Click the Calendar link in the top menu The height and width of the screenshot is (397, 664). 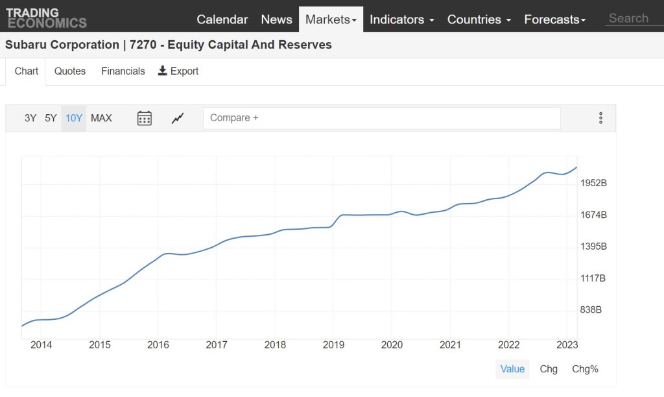222,19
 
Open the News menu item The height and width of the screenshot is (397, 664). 276,19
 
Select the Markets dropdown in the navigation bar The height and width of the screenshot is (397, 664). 331,19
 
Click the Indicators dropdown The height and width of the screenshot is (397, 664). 401,19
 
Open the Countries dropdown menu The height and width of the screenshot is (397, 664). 479,19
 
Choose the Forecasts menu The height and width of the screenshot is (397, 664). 554,19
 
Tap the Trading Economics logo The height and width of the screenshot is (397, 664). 46,18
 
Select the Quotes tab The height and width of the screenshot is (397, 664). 70,71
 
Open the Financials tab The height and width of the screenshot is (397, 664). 123,71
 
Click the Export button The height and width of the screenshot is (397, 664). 178,71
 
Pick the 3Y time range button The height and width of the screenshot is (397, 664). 30,118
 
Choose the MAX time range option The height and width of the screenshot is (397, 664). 101,118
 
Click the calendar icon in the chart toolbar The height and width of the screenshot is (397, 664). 145,118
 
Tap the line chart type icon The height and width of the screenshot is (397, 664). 178,118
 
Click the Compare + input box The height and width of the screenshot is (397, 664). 381,118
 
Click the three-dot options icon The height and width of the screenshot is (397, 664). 600,118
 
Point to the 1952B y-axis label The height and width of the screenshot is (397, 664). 593,183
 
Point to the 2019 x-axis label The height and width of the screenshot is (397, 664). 333,344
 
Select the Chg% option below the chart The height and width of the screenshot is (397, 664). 585,369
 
